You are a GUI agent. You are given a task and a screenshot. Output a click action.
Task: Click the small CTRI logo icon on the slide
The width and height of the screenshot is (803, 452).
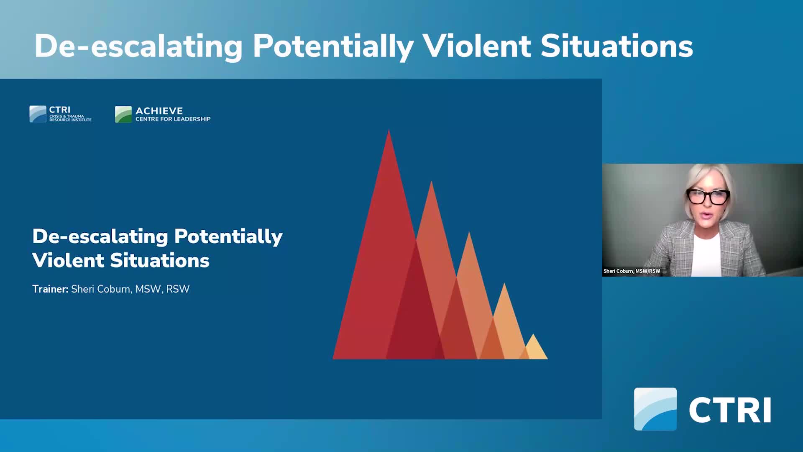pyautogui.click(x=38, y=114)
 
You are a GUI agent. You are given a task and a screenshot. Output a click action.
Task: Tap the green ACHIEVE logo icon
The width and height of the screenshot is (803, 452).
pyautogui.click(x=123, y=114)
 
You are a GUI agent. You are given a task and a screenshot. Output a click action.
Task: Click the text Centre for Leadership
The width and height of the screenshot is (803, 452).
pyautogui.click(x=173, y=119)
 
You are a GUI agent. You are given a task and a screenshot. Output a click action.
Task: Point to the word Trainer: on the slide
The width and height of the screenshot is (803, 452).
pyautogui.click(x=50, y=289)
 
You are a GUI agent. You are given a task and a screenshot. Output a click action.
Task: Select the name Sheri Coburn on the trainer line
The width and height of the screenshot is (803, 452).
pyautogui.click(x=101, y=289)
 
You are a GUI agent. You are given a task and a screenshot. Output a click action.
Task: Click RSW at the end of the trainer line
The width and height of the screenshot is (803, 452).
pyautogui.click(x=178, y=289)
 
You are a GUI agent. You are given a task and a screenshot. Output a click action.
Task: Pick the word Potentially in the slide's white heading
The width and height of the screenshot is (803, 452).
pyautogui.click(x=228, y=237)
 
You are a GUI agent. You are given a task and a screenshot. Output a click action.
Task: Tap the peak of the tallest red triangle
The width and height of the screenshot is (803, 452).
pyautogui.click(x=389, y=131)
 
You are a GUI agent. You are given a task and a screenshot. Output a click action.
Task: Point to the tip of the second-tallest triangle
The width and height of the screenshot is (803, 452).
pyautogui.click(x=431, y=182)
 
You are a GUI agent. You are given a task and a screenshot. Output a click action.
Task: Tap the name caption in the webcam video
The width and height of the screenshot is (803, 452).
pyautogui.click(x=632, y=271)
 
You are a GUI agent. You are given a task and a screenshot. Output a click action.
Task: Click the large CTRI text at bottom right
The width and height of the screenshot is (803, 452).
pyautogui.click(x=730, y=410)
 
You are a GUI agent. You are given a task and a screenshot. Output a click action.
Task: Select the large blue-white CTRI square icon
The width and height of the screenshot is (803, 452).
pyautogui.click(x=655, y=409)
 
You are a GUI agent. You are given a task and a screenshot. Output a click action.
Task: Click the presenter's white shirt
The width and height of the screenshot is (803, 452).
pyautogui.click(x=706, y=255)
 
